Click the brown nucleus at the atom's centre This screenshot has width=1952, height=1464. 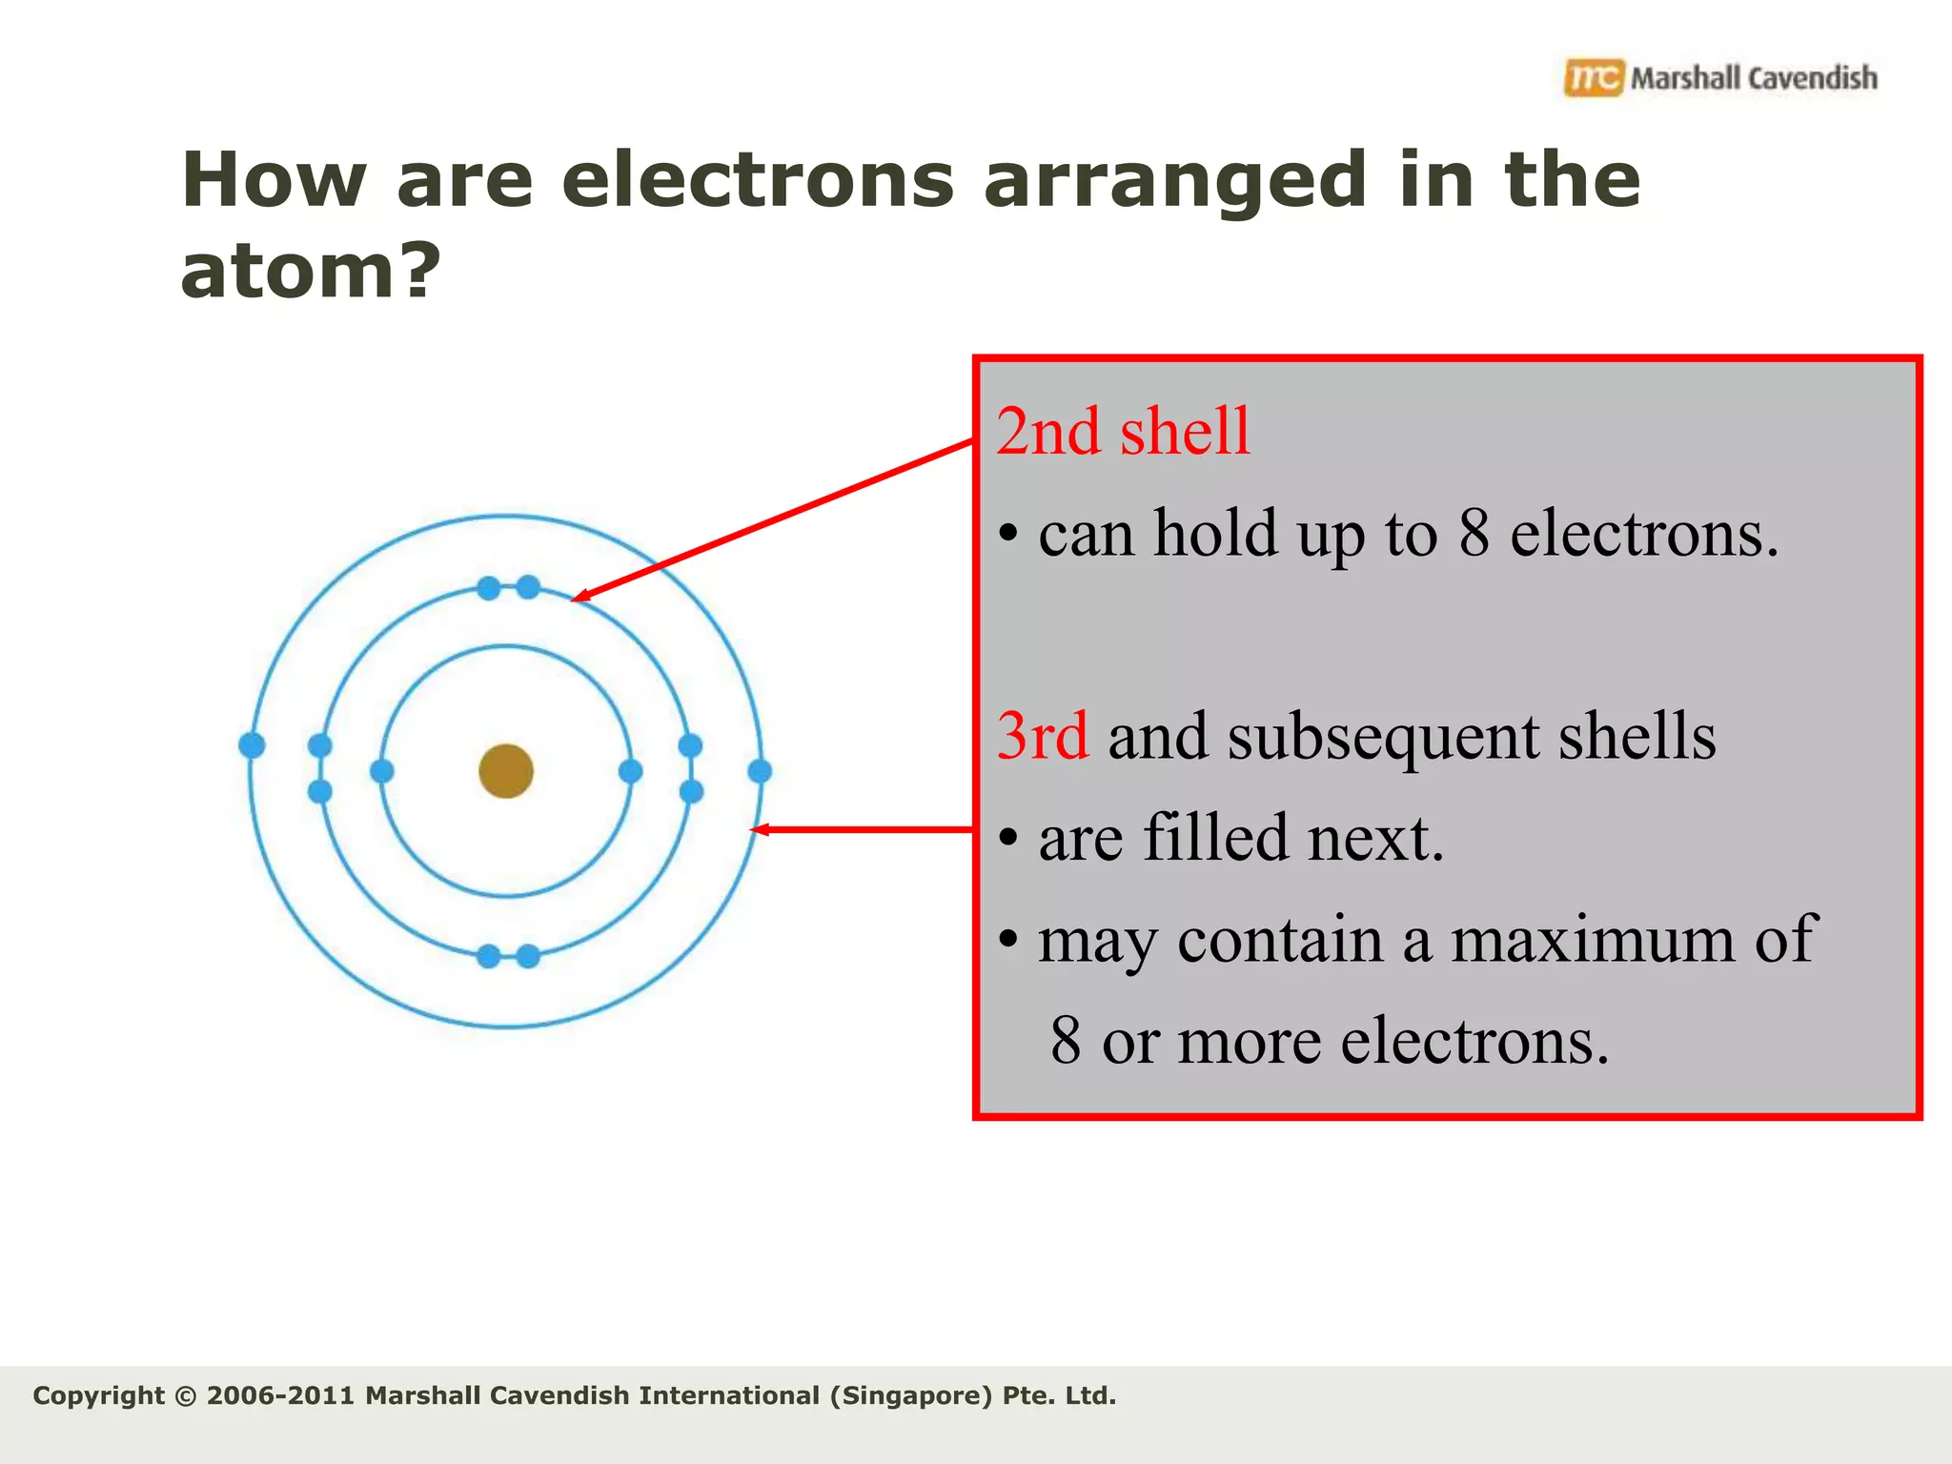(x=506, y=771)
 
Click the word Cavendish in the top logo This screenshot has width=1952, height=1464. (x=1813, y=78)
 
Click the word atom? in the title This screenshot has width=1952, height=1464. (x=311, y=271)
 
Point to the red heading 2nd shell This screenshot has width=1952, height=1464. (x=1123, y=432)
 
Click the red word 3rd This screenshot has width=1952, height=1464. (x=1042, y=736)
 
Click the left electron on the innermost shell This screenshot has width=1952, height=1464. (x=382, y=771)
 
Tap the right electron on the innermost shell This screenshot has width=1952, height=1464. (x=630, y=771)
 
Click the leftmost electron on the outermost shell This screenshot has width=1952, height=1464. (x=252, y=745)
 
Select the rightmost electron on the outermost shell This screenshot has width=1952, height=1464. (x=760, y=771)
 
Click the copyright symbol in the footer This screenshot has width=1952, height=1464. (x=186, y=1396)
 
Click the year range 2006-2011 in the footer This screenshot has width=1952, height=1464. (x=279, y=1396)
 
